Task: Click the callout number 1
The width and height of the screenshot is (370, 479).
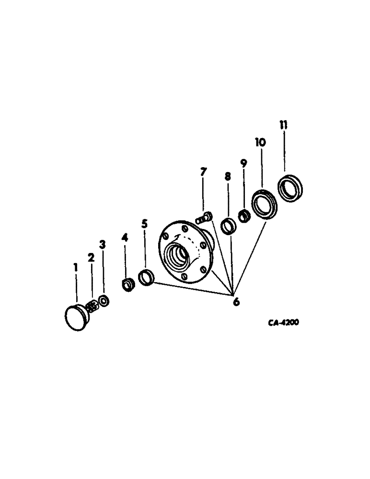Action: pos(75,267)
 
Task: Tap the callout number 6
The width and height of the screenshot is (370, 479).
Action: pos(236,302)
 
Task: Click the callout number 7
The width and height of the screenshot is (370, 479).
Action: pos(204,172)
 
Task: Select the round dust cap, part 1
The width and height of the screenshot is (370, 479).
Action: pos(76,318)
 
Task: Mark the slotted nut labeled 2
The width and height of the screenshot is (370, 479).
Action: pos(91,305)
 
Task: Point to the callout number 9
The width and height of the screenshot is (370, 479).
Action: pos(243,163)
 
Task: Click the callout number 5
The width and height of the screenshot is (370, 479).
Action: pos(145,224)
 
